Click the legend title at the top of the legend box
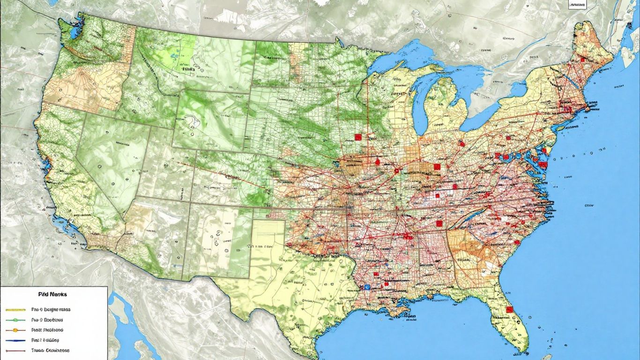point(52,294)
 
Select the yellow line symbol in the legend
point(15,310)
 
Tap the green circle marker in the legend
point(15,320)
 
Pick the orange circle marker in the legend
point(15,330)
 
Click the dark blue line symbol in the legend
point(15,340)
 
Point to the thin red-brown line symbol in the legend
point(15,350)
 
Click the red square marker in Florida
point(509,309)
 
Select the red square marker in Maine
point(582,60)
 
